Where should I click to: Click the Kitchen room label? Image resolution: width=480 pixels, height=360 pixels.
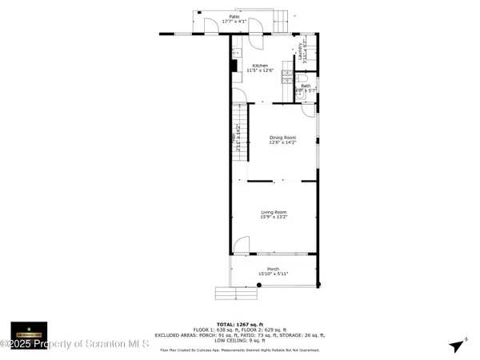[x=261, y=66]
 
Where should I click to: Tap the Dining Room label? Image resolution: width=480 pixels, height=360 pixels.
[x=282, y=138]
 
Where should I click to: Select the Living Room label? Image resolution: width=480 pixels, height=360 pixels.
[x=273, y=211]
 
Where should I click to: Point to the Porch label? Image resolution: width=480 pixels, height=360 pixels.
[x=273, y=269]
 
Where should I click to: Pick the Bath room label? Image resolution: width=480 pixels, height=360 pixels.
[x=305, y=85]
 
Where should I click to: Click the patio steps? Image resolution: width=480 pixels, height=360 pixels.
[x=282, y=22]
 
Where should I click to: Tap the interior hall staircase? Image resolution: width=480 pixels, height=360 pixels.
[x=237, y=132]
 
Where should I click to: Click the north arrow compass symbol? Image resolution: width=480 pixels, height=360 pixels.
[x=458, y=346]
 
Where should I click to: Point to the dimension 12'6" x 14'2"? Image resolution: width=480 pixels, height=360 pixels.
[x=282, y=142]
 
